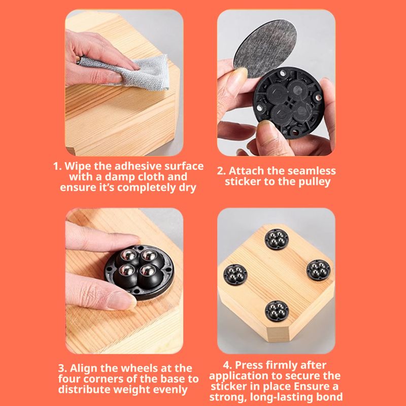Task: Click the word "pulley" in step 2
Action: point(314,182)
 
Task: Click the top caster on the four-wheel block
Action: point(276,239)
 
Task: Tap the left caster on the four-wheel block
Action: point(235,275)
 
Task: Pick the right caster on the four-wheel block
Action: point(319,270)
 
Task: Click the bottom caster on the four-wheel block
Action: point(277,311)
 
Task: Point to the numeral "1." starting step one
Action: point(57,166)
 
